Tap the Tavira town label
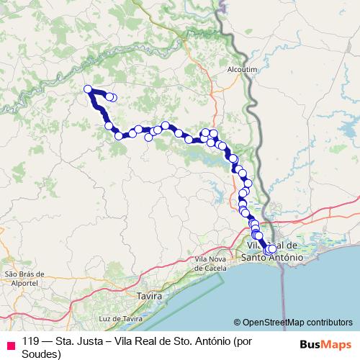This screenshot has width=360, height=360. pos(150,295)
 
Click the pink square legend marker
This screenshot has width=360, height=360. pos(9,344)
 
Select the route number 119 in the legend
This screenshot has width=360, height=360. pos(30,343)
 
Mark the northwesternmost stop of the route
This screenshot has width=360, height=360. pos(88,89)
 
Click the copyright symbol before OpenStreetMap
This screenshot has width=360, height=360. pos(237,322)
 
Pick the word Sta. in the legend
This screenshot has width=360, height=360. pos(66,343)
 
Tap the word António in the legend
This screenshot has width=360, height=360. pos(218,343)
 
